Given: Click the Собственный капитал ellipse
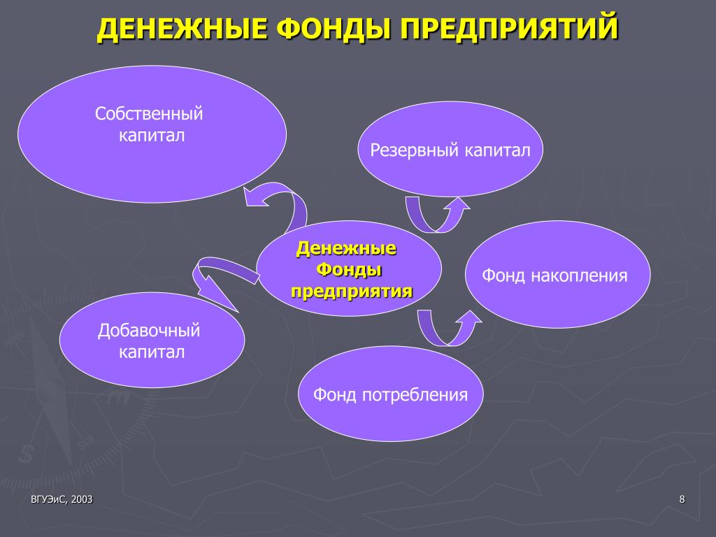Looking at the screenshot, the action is pos(152,134).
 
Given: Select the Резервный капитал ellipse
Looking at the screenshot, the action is pos(450,150).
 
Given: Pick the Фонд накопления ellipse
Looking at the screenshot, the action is pos(557,274).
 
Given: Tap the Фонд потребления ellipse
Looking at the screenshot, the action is pos(390,394).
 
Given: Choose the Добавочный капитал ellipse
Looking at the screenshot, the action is pos(152,341).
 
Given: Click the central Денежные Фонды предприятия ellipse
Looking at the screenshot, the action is pos(349,268).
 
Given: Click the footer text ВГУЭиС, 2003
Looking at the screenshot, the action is pos(62,499).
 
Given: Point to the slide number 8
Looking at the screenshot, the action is pos(682,499).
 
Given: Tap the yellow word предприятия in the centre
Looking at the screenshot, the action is pos(352,291).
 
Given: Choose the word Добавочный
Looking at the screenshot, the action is pos(149,330).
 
